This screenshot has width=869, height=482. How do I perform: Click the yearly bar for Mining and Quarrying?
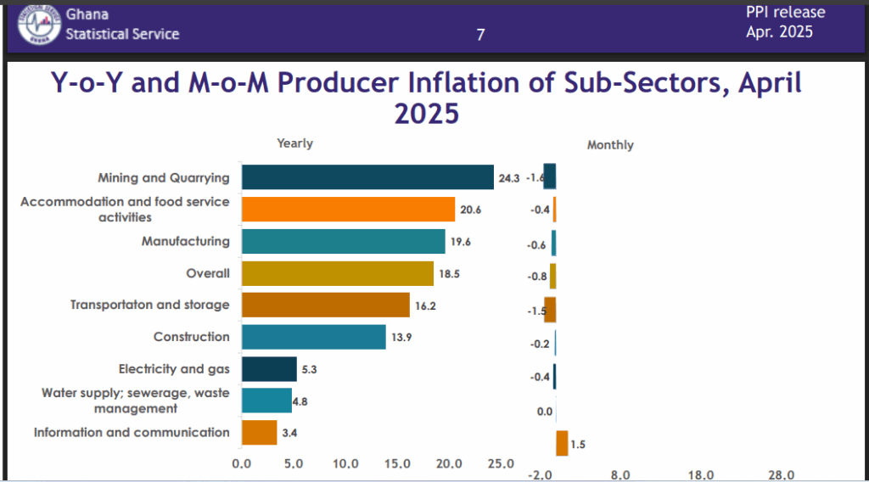coord(367,177)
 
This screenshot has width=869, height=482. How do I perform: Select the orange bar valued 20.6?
coord(348,210)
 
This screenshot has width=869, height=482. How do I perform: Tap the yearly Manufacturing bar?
coord(343,241)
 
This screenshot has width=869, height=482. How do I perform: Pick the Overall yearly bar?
coord(337,273)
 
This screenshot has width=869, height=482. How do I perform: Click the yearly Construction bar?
coord(313,337)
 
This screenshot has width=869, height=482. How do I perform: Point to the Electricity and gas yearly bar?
coord(269,369)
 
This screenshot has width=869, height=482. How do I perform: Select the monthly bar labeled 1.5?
coord(562,443)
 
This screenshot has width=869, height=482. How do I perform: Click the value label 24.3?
coord(509,178)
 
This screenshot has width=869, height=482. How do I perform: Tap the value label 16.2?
coord(426,305)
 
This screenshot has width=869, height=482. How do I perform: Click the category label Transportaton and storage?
coord(149,305)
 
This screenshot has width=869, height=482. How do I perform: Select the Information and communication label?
coord(132,432)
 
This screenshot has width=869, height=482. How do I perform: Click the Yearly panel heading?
coord(294,143)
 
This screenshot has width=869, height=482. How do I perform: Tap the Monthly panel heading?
coord(610,145)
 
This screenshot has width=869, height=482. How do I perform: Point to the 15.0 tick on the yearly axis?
coord(397,463)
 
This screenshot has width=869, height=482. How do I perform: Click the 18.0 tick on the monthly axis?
coord(700,474)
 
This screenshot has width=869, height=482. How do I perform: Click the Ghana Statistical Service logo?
coord(40,24)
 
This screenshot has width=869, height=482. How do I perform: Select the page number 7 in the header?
coord(480,35)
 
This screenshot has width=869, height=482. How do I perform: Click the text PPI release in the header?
coord(785,12)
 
